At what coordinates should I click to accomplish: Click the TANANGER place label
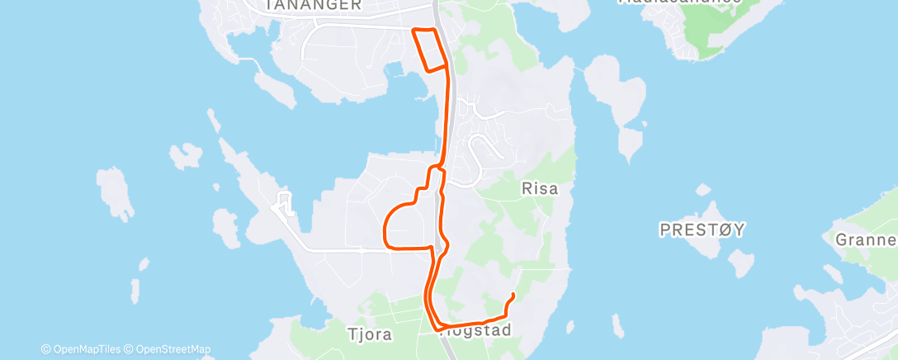click(x=313, y=5)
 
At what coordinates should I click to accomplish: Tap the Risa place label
click(x=540, y=189)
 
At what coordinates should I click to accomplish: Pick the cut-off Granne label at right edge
click(x=866, y=240)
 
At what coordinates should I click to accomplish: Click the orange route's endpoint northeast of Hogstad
click(x=513, y=295)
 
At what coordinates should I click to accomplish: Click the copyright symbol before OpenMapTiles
click(x=46, y=349)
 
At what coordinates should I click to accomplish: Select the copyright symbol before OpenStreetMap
click(x=129, y=349)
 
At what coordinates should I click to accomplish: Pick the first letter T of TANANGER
click(x=269, y=5)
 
